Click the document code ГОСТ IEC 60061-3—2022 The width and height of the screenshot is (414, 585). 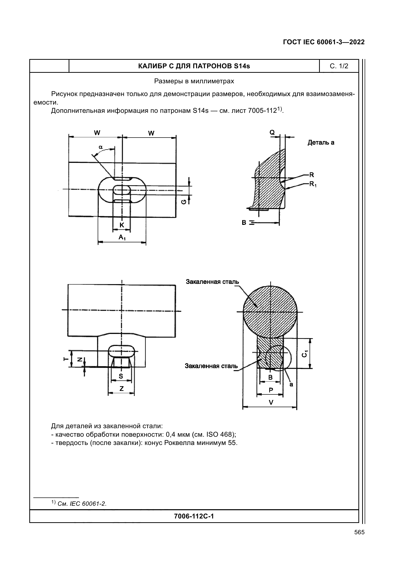tap(324, 42)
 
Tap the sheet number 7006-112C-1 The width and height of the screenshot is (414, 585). tap(194, 516)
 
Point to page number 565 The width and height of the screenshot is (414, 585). tap(359, 532)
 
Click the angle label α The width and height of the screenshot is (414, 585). tap(100, 147)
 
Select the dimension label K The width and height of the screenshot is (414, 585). tap(122, 225)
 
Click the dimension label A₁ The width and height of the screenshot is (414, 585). tap(122, 237)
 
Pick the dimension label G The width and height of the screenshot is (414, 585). tap(183, 202)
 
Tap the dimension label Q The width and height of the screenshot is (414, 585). tap(272, 132)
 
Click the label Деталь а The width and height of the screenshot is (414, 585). tap(321, 142)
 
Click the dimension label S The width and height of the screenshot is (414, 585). tap(121, 376)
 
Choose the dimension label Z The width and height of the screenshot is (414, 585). tap(121, 389)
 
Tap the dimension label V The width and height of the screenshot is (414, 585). tap(271, 402)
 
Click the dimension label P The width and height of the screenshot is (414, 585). tap(271, 390)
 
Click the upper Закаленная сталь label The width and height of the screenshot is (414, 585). tap(212, 282)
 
